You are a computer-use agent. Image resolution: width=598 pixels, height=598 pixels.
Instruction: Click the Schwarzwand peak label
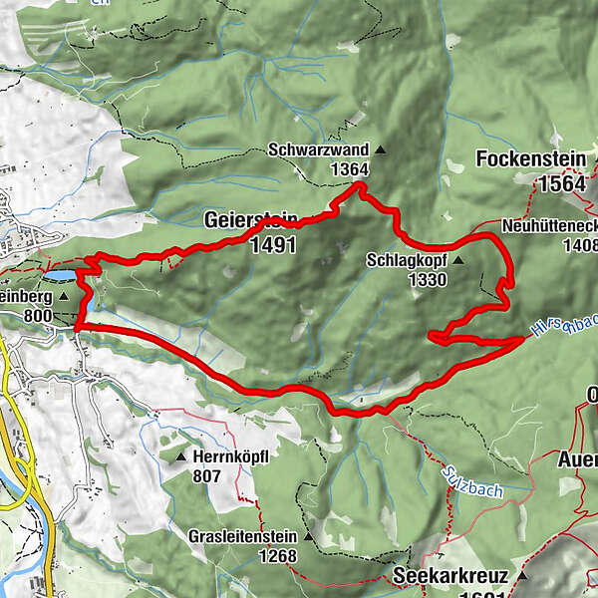tap(318, 150)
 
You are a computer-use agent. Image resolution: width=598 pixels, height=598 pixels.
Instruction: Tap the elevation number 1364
tap(350, 170)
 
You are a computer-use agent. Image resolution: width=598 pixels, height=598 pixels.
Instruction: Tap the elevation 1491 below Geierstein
tap(273, 244)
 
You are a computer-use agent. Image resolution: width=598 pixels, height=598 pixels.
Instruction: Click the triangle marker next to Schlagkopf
tap(458, 260)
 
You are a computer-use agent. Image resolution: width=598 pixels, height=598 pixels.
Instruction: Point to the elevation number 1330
tap(427, 280)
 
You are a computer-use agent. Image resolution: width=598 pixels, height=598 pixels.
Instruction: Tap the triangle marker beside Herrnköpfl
tap(180, 456)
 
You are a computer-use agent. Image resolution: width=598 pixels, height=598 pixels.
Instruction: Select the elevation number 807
tap(206, 476)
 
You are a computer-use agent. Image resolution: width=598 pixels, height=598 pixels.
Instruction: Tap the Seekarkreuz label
tap(449, 576)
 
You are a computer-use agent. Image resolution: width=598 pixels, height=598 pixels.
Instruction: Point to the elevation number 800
tap(35, 315)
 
